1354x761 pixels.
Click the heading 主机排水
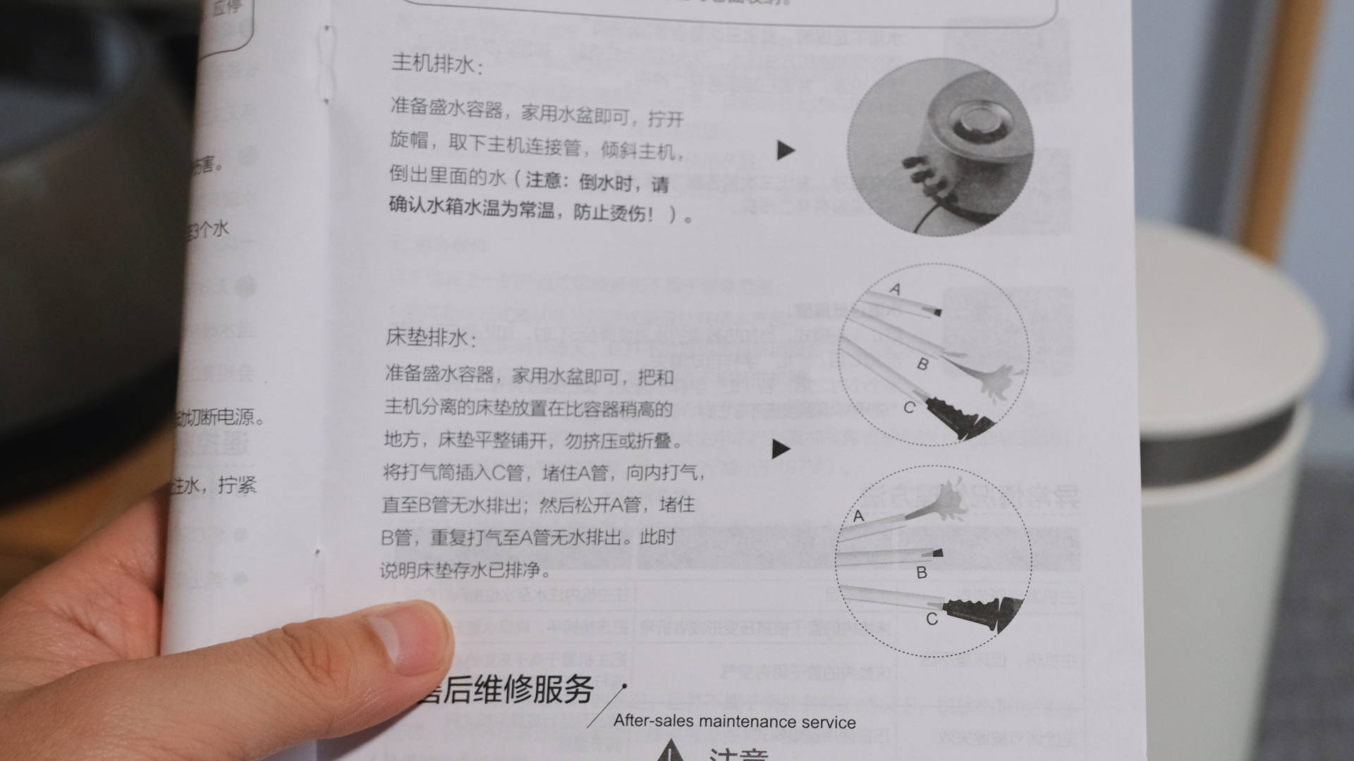(x=436, y=64)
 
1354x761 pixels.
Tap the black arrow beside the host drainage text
(x=786, y=150)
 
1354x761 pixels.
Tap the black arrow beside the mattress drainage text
(x=781, y=449)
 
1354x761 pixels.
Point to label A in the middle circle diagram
(x=895, y=289)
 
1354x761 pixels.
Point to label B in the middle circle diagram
(x=922, y=364)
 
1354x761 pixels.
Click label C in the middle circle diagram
(x=909, y=407)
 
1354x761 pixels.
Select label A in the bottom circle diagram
(x=858, y=516)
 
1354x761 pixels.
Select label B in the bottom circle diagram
(x=921, y=573)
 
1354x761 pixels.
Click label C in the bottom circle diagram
(x=932, y=619)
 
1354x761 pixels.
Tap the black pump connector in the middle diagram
(x=956, y=416)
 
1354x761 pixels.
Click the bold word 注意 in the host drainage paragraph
(x=542, y=180)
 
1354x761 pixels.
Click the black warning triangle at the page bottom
(x=670, y=751)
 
